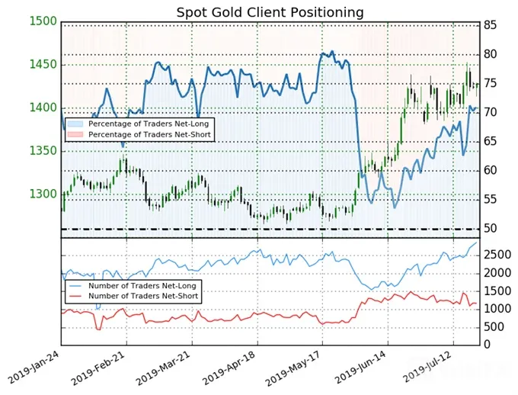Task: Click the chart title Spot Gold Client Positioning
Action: pyautogui.click(x=270, y=13)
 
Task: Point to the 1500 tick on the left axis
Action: pyautogui.click(x=43, y=21)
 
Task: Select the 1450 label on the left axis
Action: pyautogui.click(x=43, y=65)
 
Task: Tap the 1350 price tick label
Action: pyautogui.click(x=43, y=151)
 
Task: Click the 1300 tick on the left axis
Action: pyautogui.click(x=43, y=194)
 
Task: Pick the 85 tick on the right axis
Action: pyautogui.click(x=491, y=25)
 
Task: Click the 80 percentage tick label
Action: pyautogui.click(x=491, y=54)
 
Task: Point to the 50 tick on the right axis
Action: pyautogui.click(x=491, y=229)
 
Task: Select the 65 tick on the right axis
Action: pyautogui.click(x=491, y=142)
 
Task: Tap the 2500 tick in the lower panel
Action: pyautogui.click(x=497, y=255)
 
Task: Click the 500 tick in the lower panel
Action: pyautogui.click(x=494, y=327)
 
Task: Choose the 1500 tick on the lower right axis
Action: pyautogui.click(x=497, y=291)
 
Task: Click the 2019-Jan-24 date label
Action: pyautogui.click(x=33, y=368)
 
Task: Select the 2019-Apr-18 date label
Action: pyautogui.click(x=229, y=368)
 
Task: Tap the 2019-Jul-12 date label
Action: pyautogui.click(x=426, y=367)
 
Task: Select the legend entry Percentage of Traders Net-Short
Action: pyautogui.click(x=139, y=135)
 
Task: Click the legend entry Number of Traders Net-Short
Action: pyautogui.click(x=133, y=296)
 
